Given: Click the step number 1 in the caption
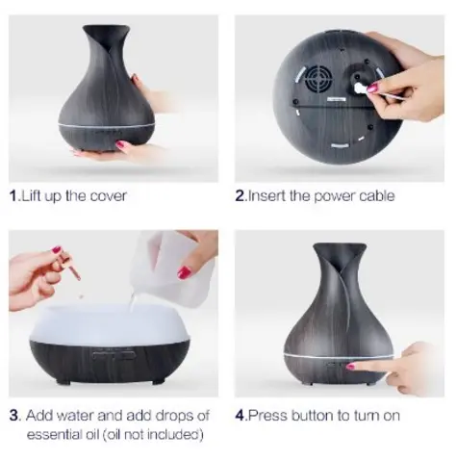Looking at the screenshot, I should (x=13, y=196).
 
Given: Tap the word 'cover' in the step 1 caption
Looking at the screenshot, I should (x=107, y=196).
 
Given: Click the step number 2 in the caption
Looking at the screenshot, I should (x=241, y=196).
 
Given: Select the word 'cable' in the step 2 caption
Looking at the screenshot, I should (x=373, y=196).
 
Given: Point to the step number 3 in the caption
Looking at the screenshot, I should (x=14, y=416).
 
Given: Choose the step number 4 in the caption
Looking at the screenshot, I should (x=241, y=416).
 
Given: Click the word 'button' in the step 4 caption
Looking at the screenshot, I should (x=309, y=416).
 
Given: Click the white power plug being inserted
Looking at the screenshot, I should (x=361, y=88).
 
